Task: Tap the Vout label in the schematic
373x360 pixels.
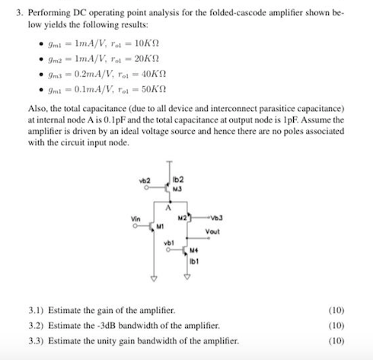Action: click(212, 231)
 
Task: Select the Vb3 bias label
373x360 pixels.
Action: click(219, 218)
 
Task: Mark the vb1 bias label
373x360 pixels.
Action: click(169, 243)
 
